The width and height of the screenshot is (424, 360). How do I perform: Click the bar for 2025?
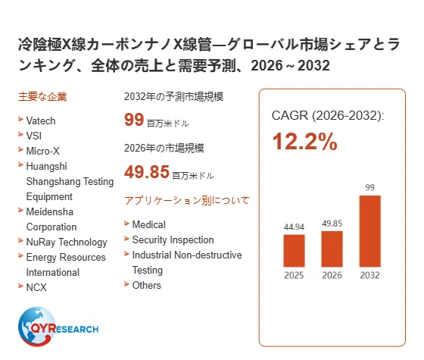click(x=294, y=251)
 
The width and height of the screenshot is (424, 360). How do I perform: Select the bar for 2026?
click(x=332, y=249)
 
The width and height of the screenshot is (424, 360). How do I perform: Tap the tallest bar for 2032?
click(x=369, y=231)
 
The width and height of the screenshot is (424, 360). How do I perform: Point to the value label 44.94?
click(x=294, y=227)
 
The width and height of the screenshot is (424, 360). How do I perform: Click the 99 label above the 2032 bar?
click(x=369, y=188)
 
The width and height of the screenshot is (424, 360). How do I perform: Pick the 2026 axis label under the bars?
click(x=332, y=275)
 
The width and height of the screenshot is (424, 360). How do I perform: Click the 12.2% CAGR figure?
click(x=304, y=142)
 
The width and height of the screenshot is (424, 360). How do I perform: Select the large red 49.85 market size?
click(x=147, y=172)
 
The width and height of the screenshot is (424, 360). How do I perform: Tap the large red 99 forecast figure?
click(x=134, y=120)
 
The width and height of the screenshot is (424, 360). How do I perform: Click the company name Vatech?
click(x=41, y=121)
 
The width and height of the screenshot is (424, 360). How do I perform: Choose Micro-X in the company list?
click(x=42, y=151)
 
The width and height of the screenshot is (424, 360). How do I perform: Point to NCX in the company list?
click(x=36, y=287)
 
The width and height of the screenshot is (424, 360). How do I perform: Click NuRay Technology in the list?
click(x=67, y=243)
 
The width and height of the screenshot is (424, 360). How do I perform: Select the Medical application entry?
click(x=148, y=224)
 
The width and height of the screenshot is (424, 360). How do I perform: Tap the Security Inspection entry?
click(x=173, y=239)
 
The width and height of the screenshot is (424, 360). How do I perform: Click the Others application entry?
click(x=147, y=285)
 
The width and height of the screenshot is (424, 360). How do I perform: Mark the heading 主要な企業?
click(x=42, y=97)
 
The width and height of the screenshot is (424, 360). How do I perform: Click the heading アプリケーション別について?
click(x=187, y=201)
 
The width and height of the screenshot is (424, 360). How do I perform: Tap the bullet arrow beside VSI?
click(x=20, y=134)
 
